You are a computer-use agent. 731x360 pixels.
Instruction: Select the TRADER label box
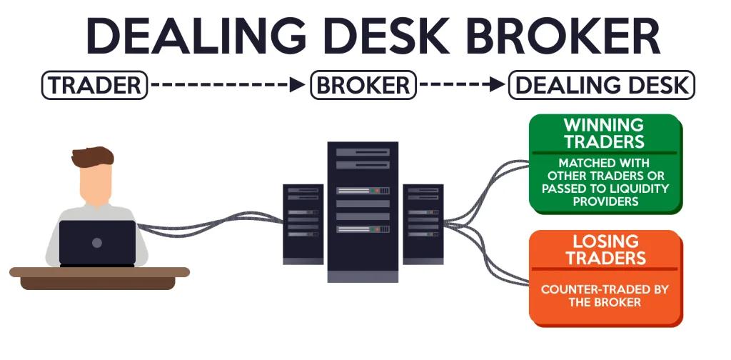pos(94,86)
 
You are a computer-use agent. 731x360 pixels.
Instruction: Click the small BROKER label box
pos(363,86)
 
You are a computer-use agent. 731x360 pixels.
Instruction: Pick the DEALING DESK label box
pos(601,86)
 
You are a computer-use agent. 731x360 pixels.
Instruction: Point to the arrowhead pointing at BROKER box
pos(300,86)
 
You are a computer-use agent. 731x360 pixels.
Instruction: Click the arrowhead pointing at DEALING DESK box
pos(498,86)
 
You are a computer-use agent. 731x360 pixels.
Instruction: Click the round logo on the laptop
pos(97,243)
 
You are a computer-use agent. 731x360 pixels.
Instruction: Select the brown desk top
pos(99,272)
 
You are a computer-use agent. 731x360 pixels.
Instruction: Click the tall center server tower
pos(363,211)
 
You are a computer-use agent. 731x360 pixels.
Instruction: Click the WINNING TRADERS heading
pos(604,133)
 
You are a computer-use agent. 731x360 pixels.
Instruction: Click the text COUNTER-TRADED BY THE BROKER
pos(604,296)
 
